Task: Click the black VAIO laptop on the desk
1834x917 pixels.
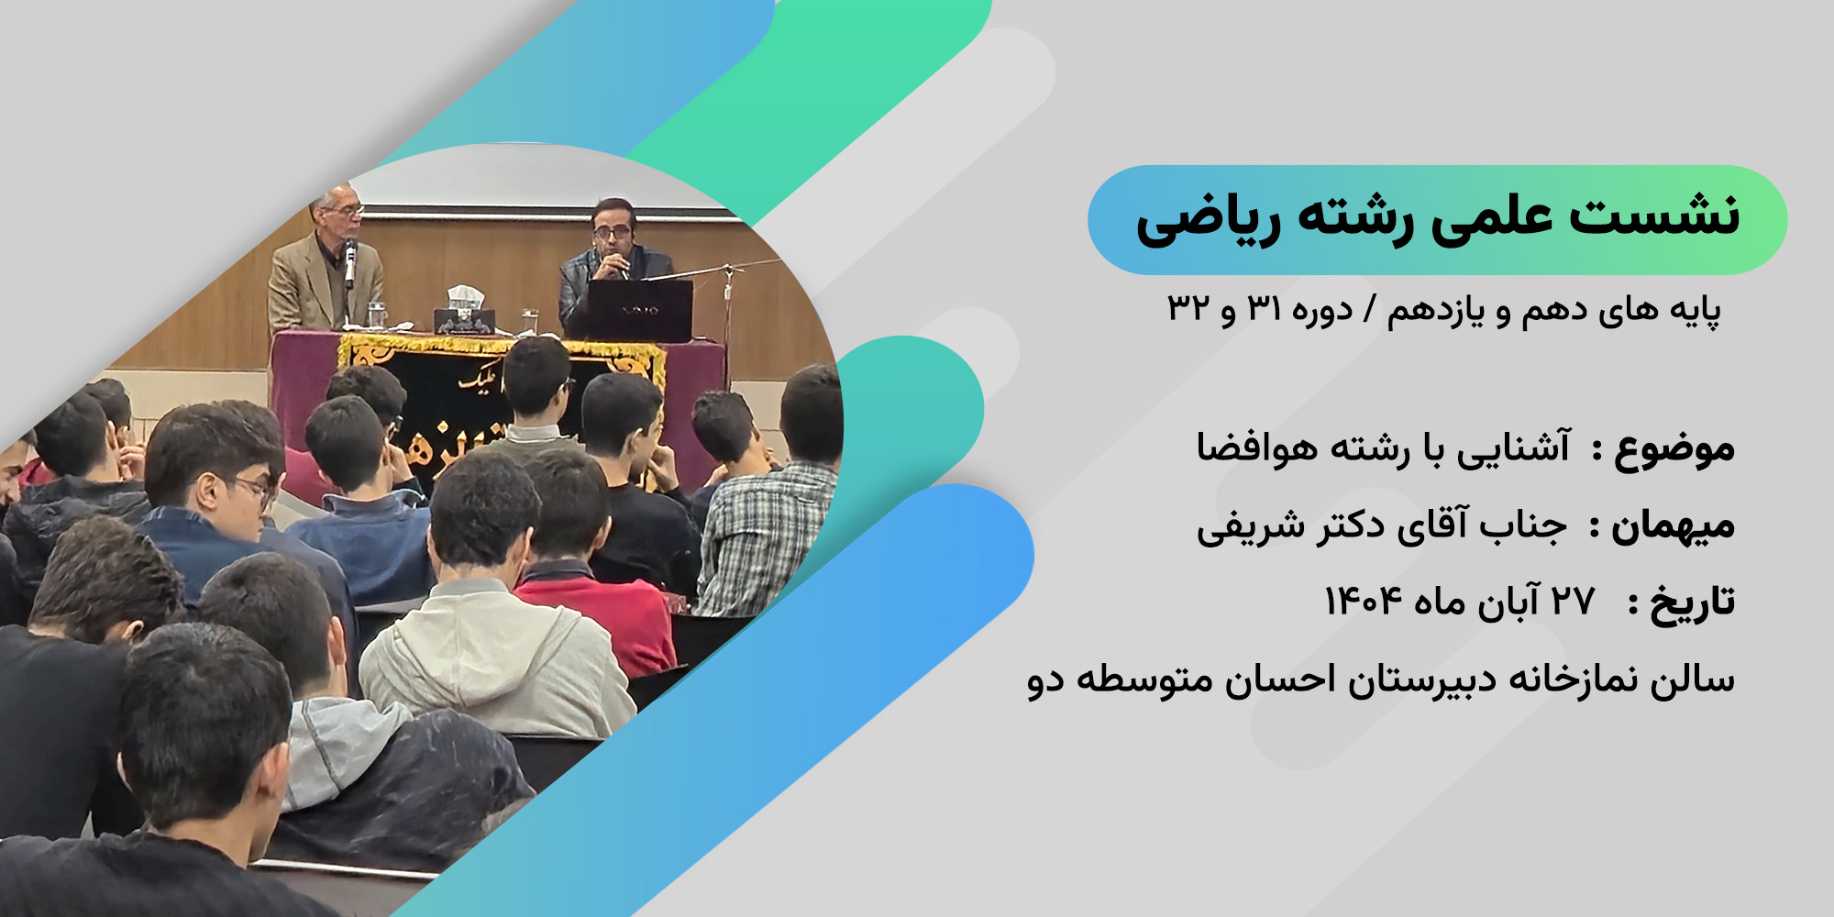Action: (640, 310)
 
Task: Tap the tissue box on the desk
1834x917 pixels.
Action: (465, 311)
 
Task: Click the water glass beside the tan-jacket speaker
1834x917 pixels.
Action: (376, 315)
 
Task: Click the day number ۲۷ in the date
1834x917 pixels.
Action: (1573, 602)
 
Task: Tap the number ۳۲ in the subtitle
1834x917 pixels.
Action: (1189, 308)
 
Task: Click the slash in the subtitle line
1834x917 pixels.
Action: (1369, 310)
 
